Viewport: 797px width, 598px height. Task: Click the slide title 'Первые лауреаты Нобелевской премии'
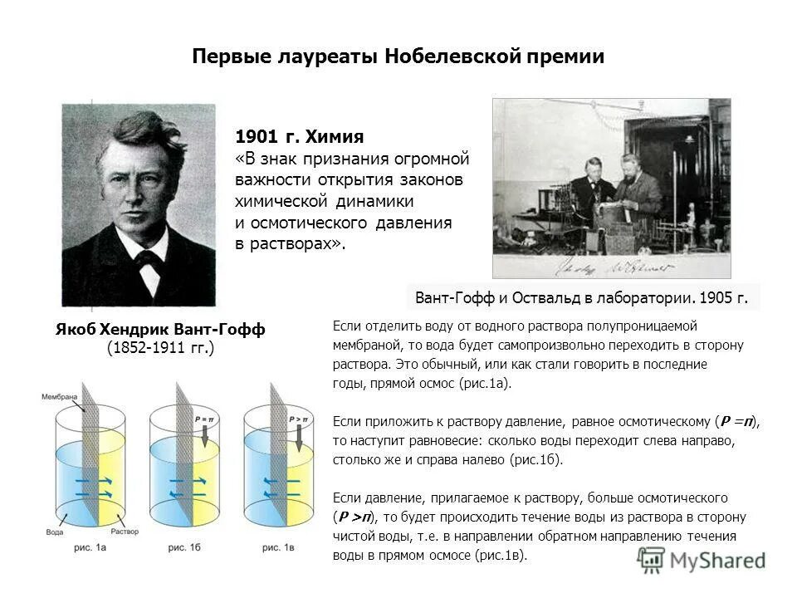(398, 56)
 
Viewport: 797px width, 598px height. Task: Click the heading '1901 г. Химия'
(300, 135)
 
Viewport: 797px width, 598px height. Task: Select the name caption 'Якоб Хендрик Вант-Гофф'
(160, 330)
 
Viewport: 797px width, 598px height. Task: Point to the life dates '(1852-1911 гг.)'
(160, 349)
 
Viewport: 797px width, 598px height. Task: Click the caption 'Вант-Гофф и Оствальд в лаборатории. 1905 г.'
(581, 297)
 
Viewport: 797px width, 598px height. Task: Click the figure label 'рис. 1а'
(90, 548)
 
